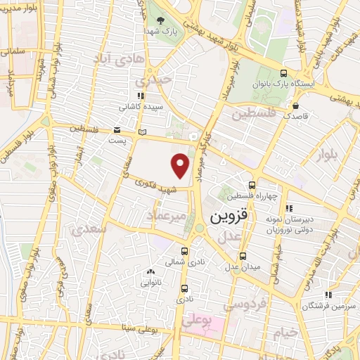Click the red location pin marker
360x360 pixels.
click(x=181, y=165)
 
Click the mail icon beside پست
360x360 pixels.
click(x=117, y=131)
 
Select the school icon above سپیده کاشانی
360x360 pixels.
click(x=141, y=96)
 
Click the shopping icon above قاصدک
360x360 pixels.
click(x=294, y=106)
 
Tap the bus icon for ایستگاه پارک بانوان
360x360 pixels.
click(x=283, y=73)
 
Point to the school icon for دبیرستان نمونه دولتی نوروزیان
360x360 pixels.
click(x=289, y=208)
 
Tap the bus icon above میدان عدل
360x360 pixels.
click(x=243, y=256)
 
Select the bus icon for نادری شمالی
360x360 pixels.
click(x=185, y=251)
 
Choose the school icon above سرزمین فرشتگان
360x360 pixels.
click(x=327, y=295)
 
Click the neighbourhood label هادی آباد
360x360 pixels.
click(x=131, y=61)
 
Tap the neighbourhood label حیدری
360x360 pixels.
click(x=155, y=81)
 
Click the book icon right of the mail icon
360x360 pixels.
click(x=143, y=131)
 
